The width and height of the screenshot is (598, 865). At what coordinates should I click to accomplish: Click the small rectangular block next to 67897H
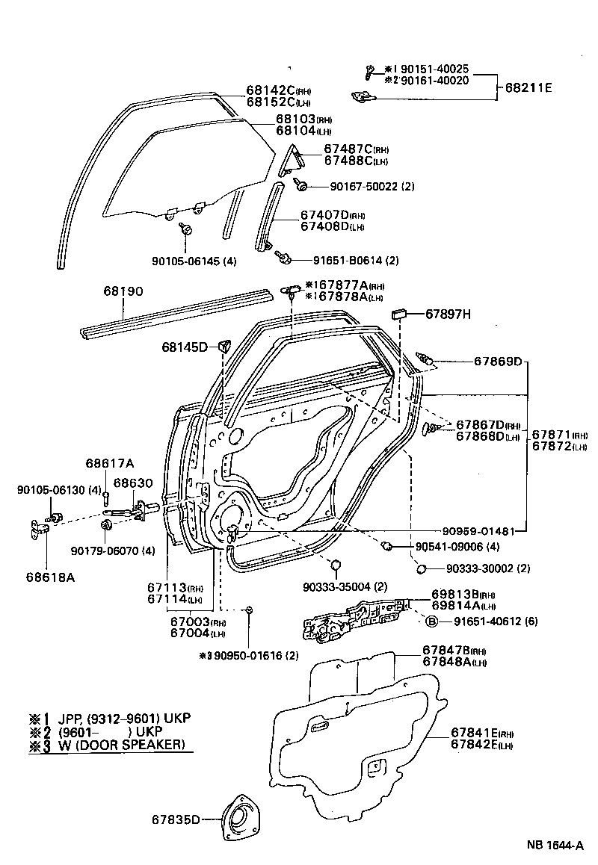tap(397, 312)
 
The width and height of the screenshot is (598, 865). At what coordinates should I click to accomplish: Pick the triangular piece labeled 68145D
tap(223, 345)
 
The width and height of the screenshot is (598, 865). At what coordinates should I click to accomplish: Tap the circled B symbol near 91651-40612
tap(431, 621)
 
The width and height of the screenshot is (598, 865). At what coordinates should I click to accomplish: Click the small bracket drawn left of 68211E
tap(363, 96)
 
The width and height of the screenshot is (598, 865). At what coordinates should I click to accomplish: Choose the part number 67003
tap(187, 622)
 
